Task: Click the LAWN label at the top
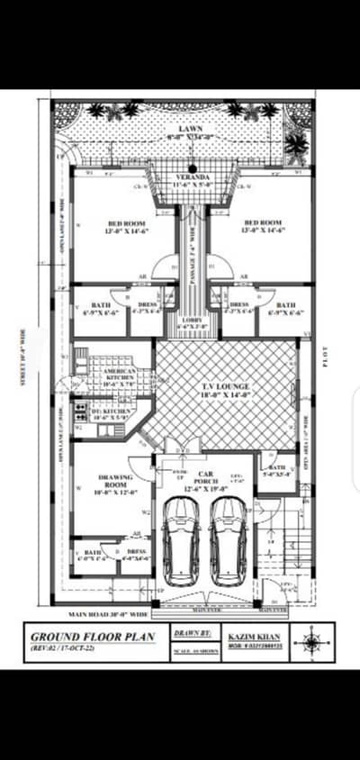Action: coord(190,130)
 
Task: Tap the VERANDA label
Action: coord(190,177)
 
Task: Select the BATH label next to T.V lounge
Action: coord(276,467)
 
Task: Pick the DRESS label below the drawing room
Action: coord(136,552)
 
